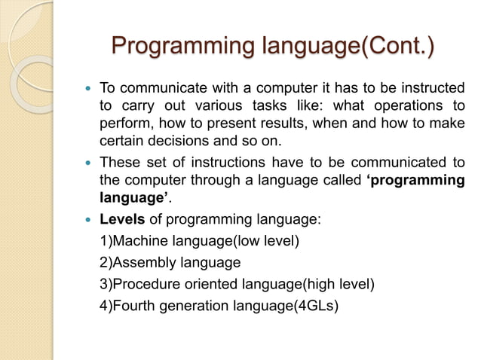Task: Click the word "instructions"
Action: click(x=222, y=162)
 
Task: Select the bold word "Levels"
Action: click(x=121, y=219)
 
